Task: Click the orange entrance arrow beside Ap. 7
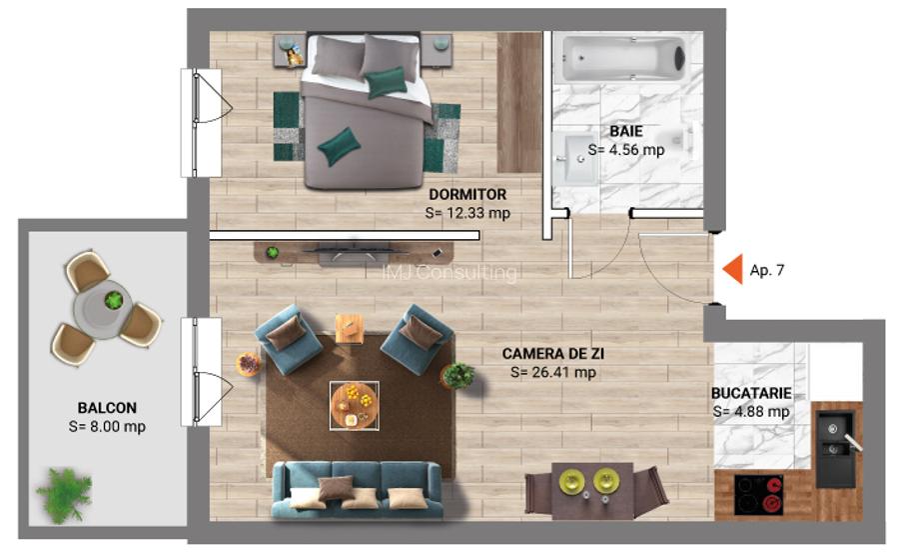click(732, 270)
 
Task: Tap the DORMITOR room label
click(467, 194)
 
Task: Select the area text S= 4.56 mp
click(625, 149)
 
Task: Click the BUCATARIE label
click(750, 392)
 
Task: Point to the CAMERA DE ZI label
click(552, 353)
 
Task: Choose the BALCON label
click(107, 407)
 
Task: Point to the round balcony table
click(107, 301)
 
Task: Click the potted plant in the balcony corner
click(64, 494)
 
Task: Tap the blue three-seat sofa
click(357, 490)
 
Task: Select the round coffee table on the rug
click(355, 404)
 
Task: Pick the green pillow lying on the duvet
click(339, 146)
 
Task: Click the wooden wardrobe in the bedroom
click(519, 102)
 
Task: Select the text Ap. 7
click(767, 270)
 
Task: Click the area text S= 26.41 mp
click(552, 372)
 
